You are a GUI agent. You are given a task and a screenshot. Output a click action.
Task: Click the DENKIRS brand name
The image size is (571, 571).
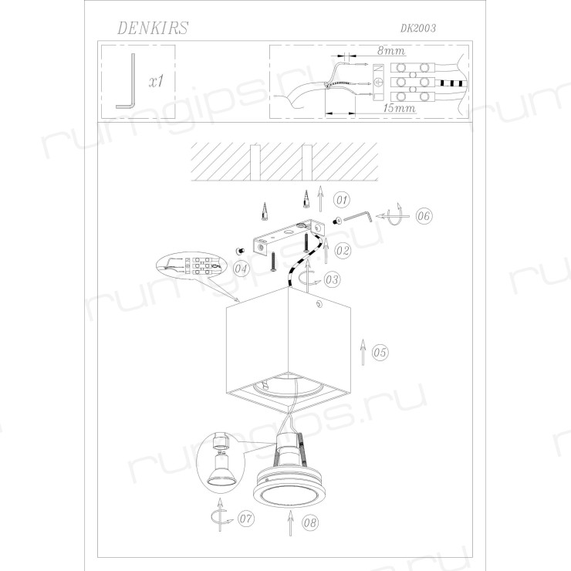click(x=153, y=28)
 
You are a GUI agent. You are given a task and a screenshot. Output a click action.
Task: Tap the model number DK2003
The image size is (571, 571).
click(x=418, y=29)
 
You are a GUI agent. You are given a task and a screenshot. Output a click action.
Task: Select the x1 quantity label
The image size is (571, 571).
click(x=156, y=81)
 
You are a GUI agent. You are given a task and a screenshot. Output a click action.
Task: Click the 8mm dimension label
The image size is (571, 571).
click(x=390, y=51)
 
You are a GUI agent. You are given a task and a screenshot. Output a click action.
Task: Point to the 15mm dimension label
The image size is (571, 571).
click(x=399, y=108)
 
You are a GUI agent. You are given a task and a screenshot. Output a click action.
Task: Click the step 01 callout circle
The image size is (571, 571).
click(x=342, y=200)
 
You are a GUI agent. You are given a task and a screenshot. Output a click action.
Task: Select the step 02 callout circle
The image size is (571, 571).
click(x=343, y=251)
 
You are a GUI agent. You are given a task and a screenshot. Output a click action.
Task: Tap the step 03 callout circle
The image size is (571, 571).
click(x=332, y=279)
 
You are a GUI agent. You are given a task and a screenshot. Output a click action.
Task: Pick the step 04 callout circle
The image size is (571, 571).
click(x=241, y=269)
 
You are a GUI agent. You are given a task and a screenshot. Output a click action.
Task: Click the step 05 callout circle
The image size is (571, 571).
click(x=380, y=353)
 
